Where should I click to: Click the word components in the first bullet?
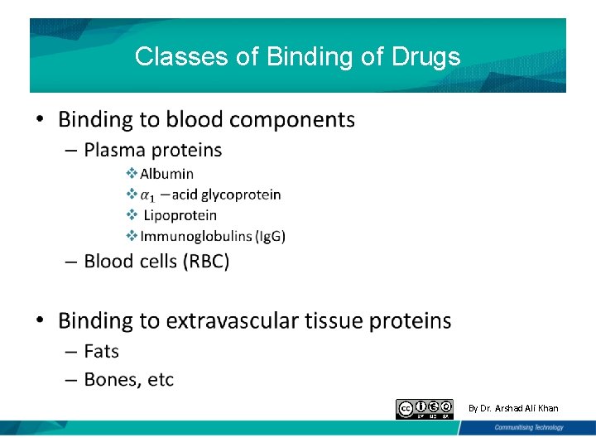(x=292, y=120)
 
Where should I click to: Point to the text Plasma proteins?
(x=153, y=150)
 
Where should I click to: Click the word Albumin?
(x=166, y=174)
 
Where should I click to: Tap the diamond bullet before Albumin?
(x=131, y=173)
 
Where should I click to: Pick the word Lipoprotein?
(x=180, y=215)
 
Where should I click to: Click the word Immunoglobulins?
(x=196, y=237)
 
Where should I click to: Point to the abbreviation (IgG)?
(x=271, y=237)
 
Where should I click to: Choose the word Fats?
(x=102, y=352)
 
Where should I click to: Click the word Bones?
(x=113, y=380)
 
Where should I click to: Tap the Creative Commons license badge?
(x=425, y=409)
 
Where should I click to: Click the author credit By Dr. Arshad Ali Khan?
(x=513, y=408)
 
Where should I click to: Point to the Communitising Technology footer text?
(x=528, y=428)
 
